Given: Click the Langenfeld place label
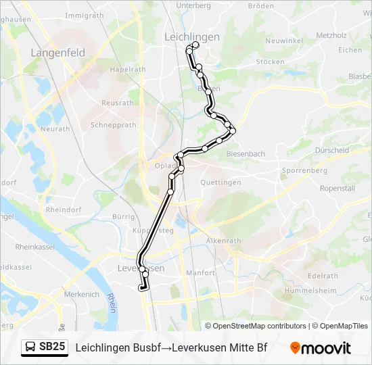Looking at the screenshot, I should tap(57, 52).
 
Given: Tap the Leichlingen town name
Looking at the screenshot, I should tap(192, 37).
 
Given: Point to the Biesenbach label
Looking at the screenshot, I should tap(245, 153).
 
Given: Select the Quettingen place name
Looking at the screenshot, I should tap(220, 182).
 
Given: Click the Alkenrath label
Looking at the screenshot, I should tap(223, 241).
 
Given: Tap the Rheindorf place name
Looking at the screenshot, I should tap(64, 210).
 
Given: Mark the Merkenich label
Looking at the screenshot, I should tap(82, 294).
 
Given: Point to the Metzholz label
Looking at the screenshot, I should tap(331, 35).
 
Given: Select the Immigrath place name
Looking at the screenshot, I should tap(85, 15).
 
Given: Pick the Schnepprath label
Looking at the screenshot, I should tap(113, 125).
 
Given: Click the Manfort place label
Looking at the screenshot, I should tap(200, 273).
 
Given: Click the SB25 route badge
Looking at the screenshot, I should tap(52, 347).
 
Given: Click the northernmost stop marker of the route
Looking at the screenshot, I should tap(195, 45).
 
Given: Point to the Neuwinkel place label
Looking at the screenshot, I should tap(284, 41).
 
